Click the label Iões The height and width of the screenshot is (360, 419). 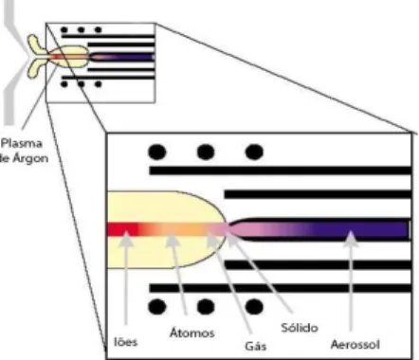pyautogui.click(x=126, y=342)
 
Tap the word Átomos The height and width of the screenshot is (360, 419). pyautogui.click(x=192, y=333)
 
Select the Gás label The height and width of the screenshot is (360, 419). pyautogui.click(x=256, y=346)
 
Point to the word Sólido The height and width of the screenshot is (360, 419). pyautogui.click(x=300, y=328)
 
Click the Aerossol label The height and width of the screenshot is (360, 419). pyautogui.click(x=355, y=344)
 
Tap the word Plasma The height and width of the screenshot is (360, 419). pyautogui.click(x=22, y=144)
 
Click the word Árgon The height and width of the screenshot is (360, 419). pyautogui.click(x=29, y=158)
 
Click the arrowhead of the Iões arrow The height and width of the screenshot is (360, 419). pyautogui.click(x=126, y=238)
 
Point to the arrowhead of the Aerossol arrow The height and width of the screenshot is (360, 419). pyautogui.click(x=351, y=239)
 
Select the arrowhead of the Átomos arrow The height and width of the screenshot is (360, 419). pyautogui.click(x=173, y=239)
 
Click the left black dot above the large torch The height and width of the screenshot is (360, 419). pyautogui.click(x=157, y=152)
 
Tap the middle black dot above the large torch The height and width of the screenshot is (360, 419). pyautogui.click(x=206, y=152)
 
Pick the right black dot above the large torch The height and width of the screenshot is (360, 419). pyautogui.click(x=254, y=152)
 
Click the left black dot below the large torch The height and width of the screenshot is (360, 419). pyautogui.click(x=157, y=307)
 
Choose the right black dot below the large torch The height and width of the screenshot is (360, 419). pyautogui.click(x=254, y=307)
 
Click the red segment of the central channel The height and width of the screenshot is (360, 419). pyautogui.click(x=122, y=229)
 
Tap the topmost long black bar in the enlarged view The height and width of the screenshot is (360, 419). pyautogui.click(x=281, y=171)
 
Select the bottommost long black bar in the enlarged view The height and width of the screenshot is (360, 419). pyautogui.click(x=281, y=288)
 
